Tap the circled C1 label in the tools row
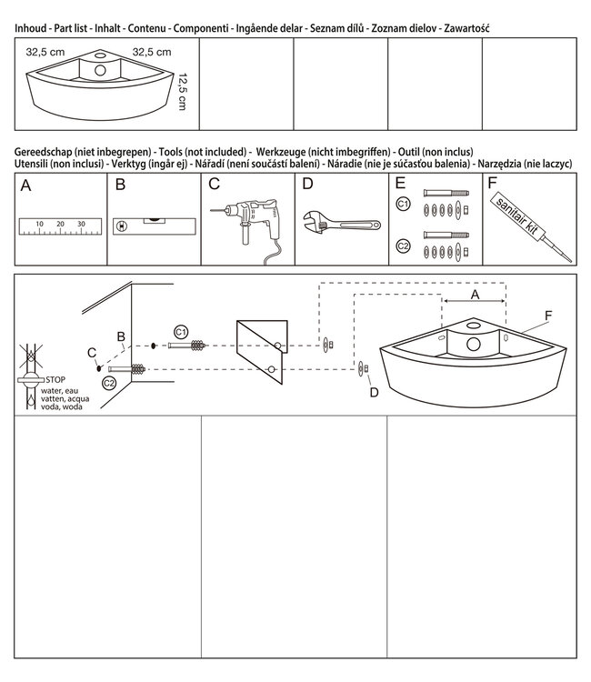coord(403,204)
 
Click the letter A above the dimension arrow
coord(474,295)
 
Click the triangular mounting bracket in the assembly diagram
coord(261,349)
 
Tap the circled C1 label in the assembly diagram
coord(181,330)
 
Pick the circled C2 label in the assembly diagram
coord(110,383)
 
